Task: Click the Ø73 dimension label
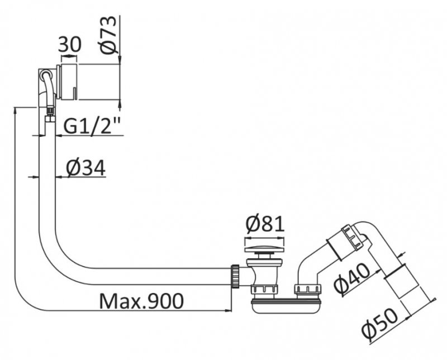pyautogui.click(x=109, y=35)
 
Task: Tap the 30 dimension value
pyautogui.click(x=70, y=45)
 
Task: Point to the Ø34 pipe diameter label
pyautogui.click(x=86, y=168)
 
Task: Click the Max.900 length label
pyautogui.click(x=142, y=301)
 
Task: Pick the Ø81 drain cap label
pyautogui.click(x=265, y=224)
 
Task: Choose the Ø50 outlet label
pyautogui.click(x=380, y=324)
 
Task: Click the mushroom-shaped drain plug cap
pyautogui.click(x=264, y=249)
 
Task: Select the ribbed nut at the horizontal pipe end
pyautogui.click(x=235, y=276)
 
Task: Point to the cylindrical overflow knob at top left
pyautogui.click(x=68, y=81)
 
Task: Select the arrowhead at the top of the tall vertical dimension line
pyautogui.click(x=15, y=111)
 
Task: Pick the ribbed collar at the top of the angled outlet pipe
pyautogui.click(x=354, y=237)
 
